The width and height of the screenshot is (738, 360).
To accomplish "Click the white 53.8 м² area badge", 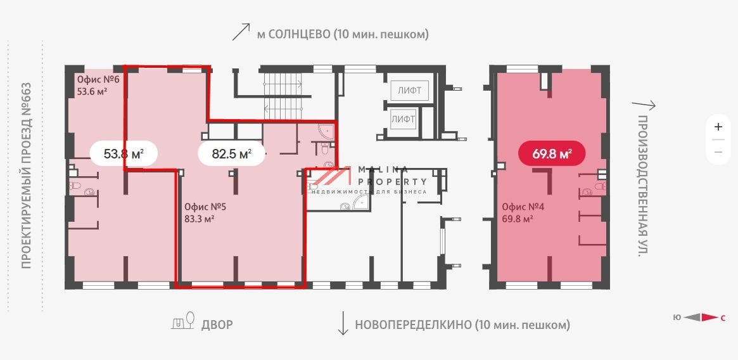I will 124,153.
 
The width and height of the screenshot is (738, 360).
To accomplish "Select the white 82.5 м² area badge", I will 231,153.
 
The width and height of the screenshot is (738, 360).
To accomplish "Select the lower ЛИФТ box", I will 403,119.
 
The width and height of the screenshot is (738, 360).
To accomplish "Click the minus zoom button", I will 718,152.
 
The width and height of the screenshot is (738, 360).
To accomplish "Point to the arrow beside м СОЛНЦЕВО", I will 241,32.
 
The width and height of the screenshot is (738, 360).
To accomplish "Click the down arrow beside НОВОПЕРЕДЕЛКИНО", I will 343,323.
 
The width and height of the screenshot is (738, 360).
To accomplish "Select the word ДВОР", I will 217,325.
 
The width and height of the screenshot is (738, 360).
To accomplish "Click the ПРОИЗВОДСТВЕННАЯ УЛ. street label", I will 643,186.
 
